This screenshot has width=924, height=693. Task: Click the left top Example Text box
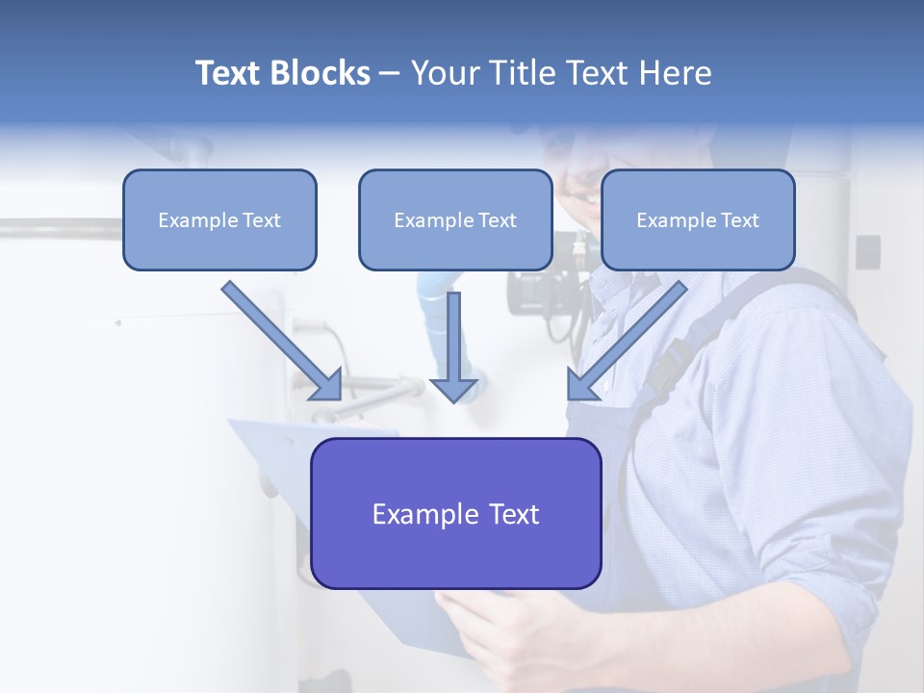[x=219, y=219]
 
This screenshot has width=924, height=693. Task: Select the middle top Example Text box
[x=455, y=219]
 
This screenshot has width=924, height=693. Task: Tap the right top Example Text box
[x=698, y=219]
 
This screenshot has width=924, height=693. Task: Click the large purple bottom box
[x=455, y=513]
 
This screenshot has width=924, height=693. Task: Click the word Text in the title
[x=230, y=73]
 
